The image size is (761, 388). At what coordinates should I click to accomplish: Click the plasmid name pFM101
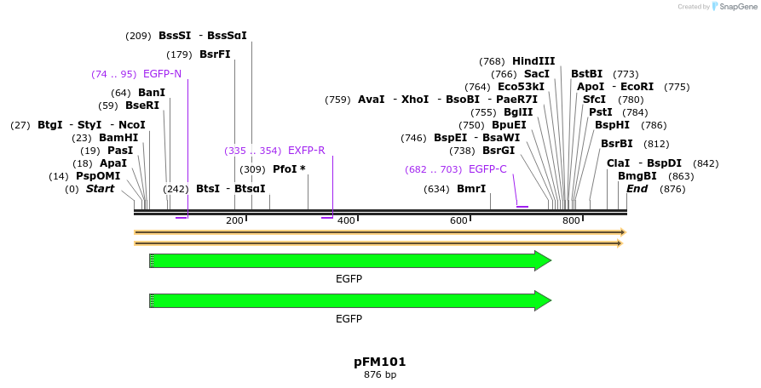click(x=380, y=362)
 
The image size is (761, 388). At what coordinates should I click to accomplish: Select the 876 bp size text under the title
click(x=380, y=374)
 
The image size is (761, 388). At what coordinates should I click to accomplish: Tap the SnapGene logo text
click(x=738, y=7)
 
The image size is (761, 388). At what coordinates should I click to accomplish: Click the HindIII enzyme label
click(x=533, y=61)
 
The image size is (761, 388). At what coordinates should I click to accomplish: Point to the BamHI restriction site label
click(x=118, y=138)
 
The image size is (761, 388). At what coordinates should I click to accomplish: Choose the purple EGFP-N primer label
click(x=162, y=74)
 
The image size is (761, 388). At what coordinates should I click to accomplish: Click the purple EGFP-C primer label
click(x=487, y=169)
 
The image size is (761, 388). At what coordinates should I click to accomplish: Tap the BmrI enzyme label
click(x=471, y=189)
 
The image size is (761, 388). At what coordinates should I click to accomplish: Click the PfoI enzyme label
click(x=289, y=169)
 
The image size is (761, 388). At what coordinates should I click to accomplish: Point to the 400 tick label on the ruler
click(x=346, y=221)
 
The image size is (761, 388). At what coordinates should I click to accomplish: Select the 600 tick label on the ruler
click(x=458, y=221)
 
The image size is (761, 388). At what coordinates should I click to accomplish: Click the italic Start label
click(x=101, y=189)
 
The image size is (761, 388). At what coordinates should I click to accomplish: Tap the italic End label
click(x=637, y=189)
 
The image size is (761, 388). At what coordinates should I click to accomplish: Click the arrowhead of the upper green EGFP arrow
click(x=543, y=261)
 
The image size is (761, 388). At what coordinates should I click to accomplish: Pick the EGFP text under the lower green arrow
click(x=349, y=319)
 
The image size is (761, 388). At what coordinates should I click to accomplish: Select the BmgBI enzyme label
click(x=637, y=176)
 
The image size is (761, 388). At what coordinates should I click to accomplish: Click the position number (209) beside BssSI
click(x=138, y=36)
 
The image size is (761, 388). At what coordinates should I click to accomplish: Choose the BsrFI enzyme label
click(x=215, y=54)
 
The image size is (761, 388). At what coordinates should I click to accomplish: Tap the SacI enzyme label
click(x=537, y=74)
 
